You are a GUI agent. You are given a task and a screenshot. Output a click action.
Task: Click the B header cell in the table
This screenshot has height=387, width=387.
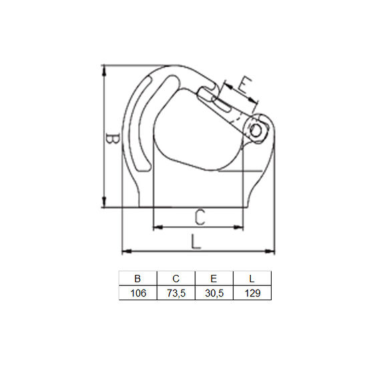[x=137, y=278]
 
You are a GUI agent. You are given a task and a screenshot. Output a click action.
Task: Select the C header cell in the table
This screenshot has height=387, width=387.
[x=175, y=278]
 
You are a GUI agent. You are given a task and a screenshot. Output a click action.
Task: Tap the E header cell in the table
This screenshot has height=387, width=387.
[x=214, y=278]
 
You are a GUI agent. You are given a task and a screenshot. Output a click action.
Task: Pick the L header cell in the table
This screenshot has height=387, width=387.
[x=252, y=278]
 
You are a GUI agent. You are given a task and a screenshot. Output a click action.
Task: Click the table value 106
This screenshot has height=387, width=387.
[x=137, y=293]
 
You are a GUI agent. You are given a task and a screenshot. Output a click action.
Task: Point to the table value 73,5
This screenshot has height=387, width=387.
[x=175, y=293]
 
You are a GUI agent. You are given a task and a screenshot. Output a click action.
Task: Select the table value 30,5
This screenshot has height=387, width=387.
[x=214, y=293]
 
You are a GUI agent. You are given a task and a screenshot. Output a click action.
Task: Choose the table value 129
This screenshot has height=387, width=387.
[x=252, y=293]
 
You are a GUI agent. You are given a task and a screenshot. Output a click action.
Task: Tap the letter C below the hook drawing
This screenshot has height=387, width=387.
[x=200, y=216]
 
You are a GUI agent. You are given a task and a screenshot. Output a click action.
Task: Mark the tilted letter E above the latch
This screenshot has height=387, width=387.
[x=244, y=85]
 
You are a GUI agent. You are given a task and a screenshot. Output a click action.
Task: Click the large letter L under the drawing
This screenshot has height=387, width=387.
[x=194, y=240]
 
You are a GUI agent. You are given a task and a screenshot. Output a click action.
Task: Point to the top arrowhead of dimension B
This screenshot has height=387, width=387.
[x=104, y=69]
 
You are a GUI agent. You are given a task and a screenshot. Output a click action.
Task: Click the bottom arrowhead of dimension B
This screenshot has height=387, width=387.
[x=104, y=204]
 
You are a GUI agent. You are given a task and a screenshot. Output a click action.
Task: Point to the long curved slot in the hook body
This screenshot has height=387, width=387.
[x=137, y=127]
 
